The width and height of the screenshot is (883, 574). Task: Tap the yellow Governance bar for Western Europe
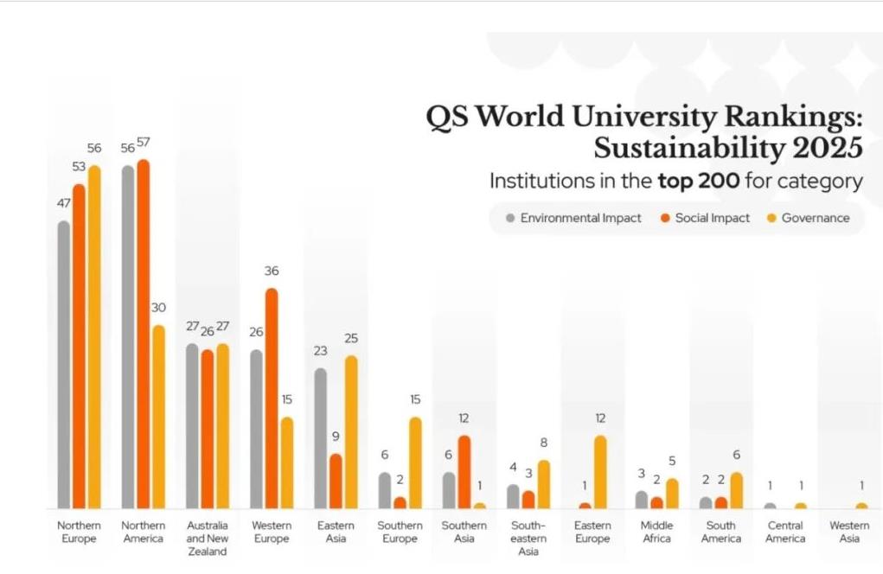click(287, 462)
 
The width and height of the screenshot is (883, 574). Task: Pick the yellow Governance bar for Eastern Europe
click(600, 472)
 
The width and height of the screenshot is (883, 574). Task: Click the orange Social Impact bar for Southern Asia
click(464, 472)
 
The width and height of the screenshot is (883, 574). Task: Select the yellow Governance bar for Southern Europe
click(415, 462)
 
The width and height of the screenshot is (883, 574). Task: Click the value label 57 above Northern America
click(144, 143)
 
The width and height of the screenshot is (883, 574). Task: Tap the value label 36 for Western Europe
click(272, 271)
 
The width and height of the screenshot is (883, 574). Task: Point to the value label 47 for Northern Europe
click(64, 204)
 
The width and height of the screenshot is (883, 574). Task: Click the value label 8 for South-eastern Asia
click(543, 443)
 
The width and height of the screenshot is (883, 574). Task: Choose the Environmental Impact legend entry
click(573, 218)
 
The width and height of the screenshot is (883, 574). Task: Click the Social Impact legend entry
click(705, 218)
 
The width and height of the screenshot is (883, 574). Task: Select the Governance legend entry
click(809, 218)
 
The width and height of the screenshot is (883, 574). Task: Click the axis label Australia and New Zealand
click(208, 538)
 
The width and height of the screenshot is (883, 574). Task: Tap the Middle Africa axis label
click(657, 532)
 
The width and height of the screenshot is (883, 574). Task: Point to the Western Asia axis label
click(849, 532)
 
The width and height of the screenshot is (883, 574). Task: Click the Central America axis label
click(785, 532)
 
